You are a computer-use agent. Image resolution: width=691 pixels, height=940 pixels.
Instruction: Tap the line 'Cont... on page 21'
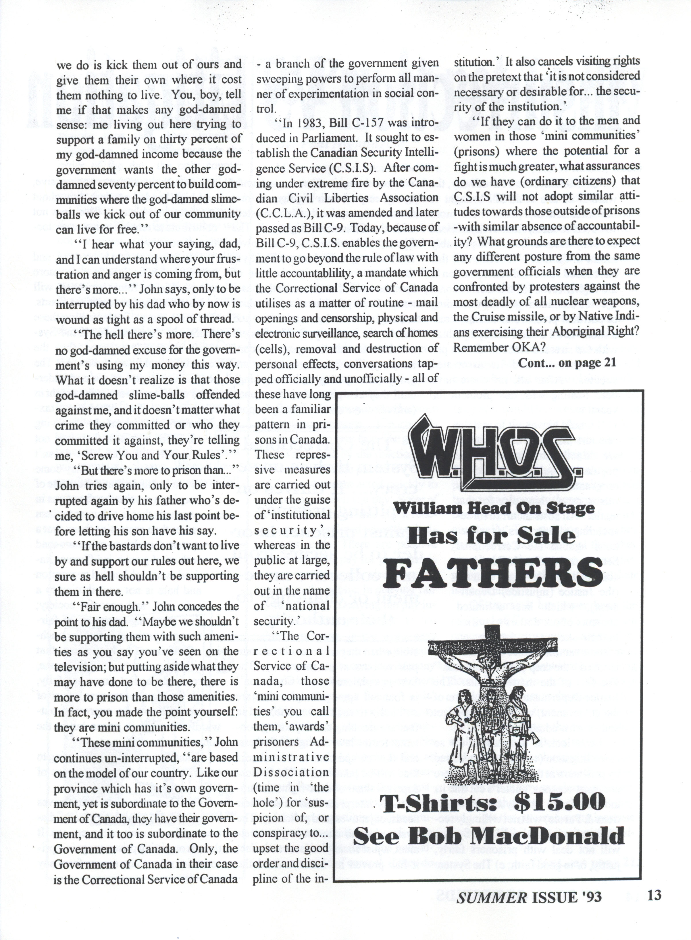click(567, 363)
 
